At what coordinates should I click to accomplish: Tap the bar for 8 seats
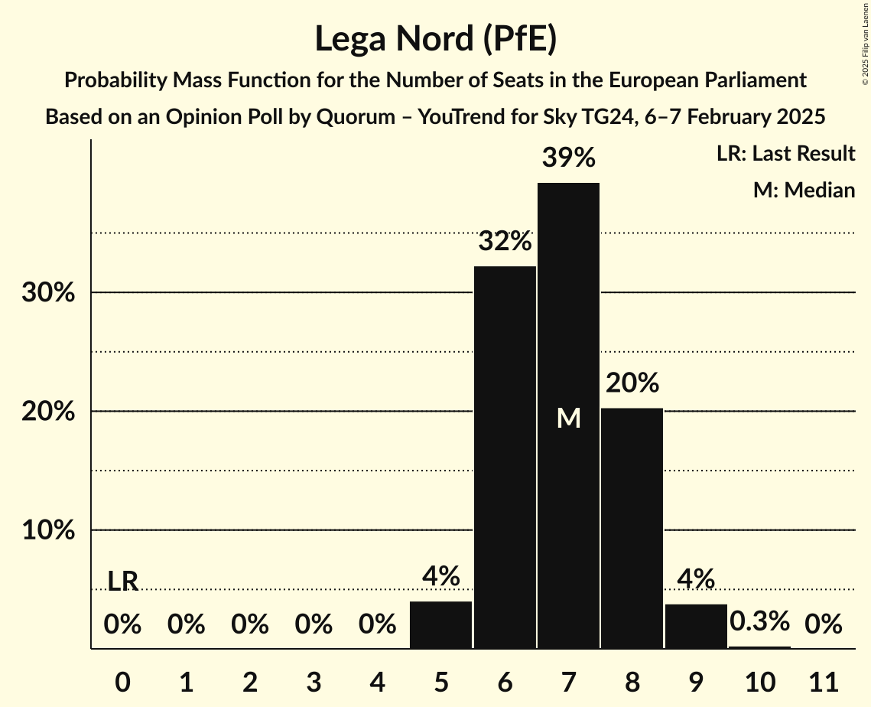point(632,528)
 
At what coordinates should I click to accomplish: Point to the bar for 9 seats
point(696,626)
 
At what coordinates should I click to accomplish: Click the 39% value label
point(568,158)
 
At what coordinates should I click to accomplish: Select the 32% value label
point(505,242)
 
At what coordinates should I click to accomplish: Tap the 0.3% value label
point(759,621)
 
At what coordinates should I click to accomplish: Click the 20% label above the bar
point(632,383)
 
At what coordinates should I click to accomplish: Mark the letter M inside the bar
point(568,418)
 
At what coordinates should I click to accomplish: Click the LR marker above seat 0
point(122,582)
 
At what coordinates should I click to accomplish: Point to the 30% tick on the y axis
point(47,293)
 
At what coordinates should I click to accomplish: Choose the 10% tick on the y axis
point(47,530)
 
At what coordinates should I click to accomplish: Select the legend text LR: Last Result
point(785,154)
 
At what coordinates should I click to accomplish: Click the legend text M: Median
point(804,190)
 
